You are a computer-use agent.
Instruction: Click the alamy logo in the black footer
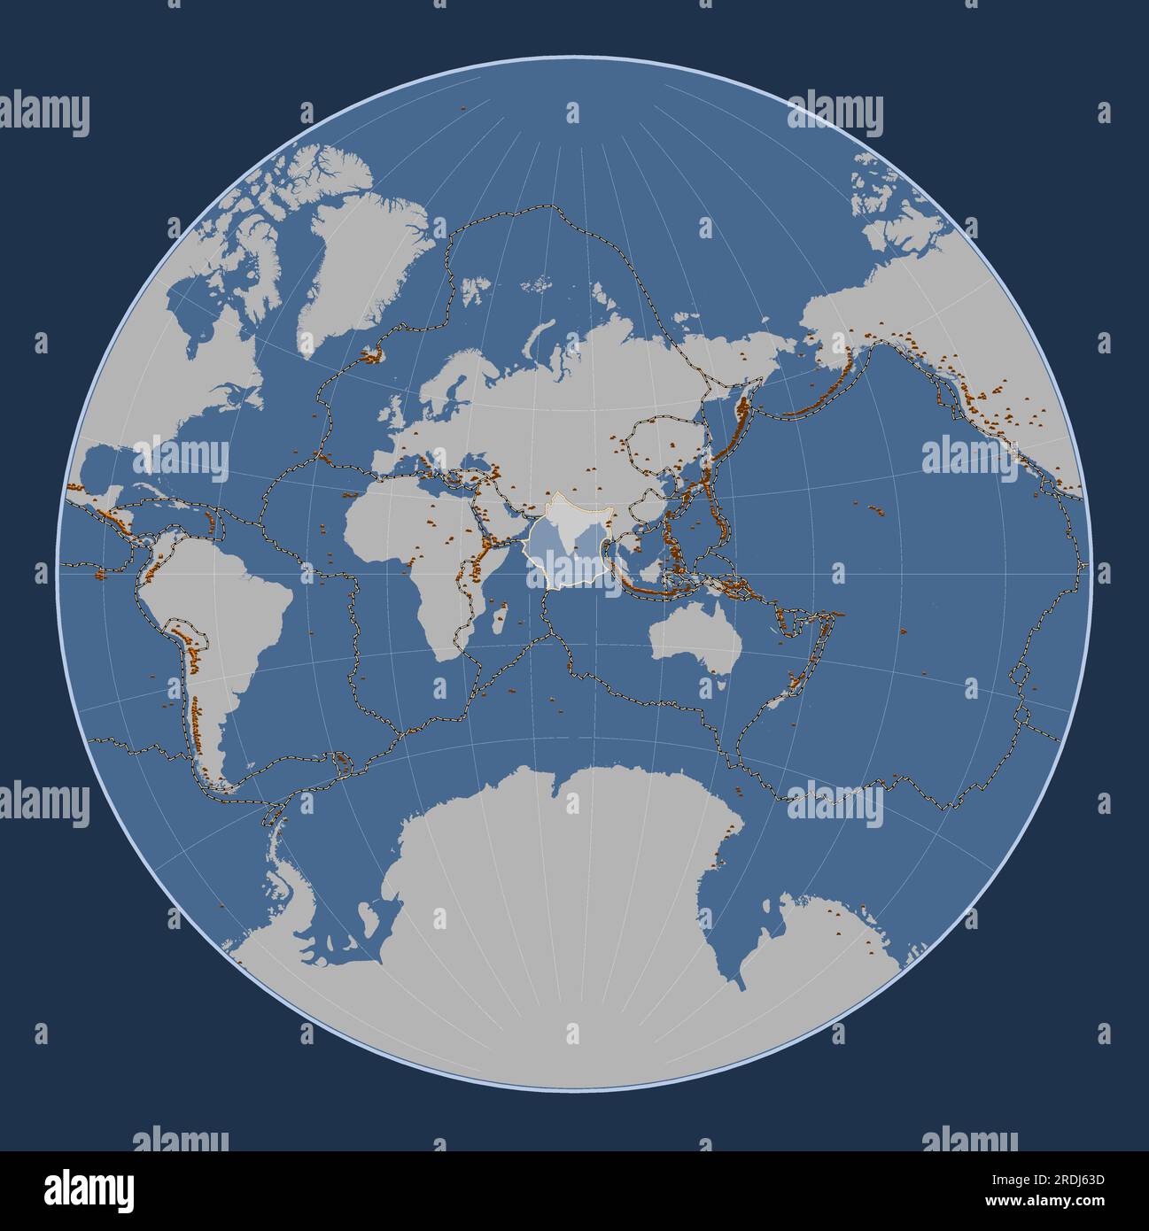[x=89, y=1189]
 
